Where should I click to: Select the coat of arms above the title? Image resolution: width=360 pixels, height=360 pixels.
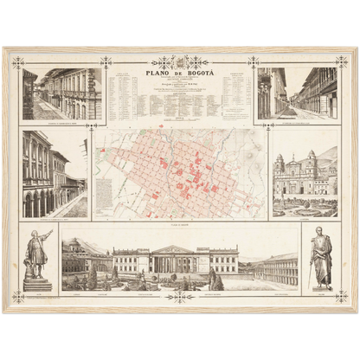point(179,62)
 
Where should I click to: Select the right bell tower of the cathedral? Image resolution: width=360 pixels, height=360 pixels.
point(312,164)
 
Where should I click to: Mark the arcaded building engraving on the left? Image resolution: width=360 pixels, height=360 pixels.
point(55,174)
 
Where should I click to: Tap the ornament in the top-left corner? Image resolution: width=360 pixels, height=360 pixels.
point(17,62)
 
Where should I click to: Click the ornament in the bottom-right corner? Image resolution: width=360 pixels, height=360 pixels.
point(341,296)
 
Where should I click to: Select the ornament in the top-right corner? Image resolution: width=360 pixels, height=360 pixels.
point(341,62)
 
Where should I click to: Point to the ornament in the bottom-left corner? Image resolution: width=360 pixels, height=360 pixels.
point(17,296)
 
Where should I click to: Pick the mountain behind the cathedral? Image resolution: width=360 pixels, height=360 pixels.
point(327,156)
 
